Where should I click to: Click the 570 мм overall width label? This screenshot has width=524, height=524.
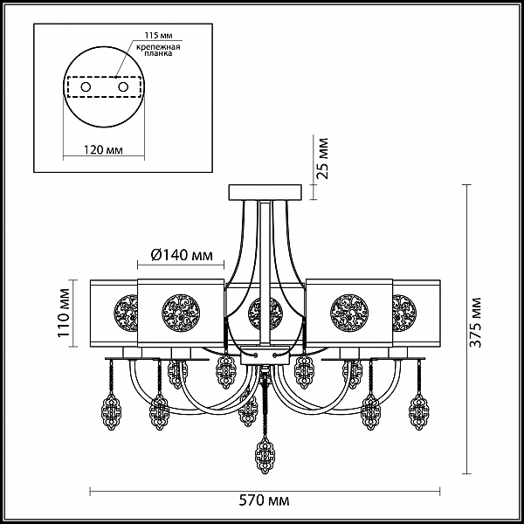264,501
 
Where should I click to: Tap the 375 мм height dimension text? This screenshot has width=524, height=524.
476,322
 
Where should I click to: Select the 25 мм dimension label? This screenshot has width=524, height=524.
322,158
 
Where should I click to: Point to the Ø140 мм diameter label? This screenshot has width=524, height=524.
182,255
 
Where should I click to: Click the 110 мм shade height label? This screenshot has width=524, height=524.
64,313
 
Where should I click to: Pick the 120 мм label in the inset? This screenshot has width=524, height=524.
103,150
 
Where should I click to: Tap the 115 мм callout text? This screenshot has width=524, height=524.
158,36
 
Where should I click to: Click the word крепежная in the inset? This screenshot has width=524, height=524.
158,47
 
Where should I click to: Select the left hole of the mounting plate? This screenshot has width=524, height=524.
86,87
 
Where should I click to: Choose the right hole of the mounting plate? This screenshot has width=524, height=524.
123,87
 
